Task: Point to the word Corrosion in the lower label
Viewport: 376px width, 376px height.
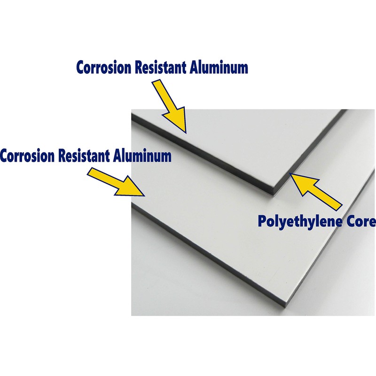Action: point(28,156)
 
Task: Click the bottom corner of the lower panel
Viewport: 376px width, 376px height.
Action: point(284,305)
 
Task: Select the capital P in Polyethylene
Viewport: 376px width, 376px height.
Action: point(262,221)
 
